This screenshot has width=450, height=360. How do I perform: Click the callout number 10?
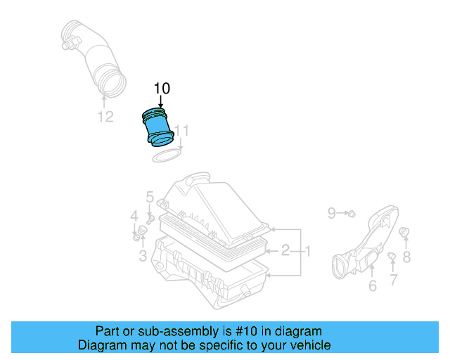pos(162,88)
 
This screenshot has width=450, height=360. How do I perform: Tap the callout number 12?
pos(105,117)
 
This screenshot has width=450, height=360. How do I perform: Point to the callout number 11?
pos(182,131)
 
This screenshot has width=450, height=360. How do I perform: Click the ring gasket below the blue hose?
pos(166,154)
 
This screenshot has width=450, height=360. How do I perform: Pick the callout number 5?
pos(150,196)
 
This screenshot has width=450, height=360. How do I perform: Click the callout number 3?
pos(143,256)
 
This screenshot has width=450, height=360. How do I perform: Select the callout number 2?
pos(285,250)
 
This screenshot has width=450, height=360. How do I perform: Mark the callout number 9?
pos(333,211)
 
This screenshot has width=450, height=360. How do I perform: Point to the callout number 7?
pos(393,279)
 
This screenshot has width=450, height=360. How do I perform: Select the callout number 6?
pos(372,285)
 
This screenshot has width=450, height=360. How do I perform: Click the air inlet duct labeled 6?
pos(366,243)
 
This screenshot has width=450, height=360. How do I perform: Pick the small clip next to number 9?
pos(351,212)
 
